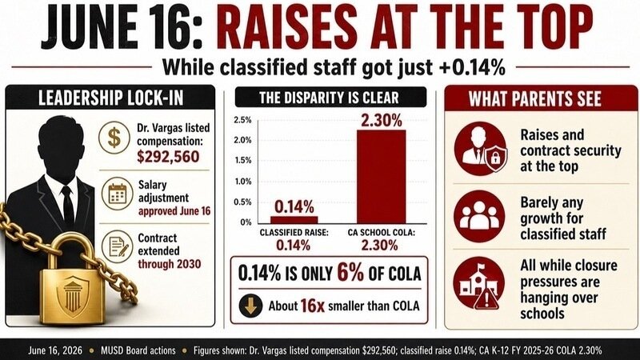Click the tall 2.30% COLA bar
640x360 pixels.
(x=382, y=177)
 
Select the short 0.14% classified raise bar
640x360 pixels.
(x=294, y=219)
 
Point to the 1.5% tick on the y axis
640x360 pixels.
(x=242, y=161)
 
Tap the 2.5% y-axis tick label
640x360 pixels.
(x=242, y=120)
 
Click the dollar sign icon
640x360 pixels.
(x=114, y=138)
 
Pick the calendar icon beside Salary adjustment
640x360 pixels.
(x=117, y=194)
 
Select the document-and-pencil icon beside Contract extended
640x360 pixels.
(x=117, y=246)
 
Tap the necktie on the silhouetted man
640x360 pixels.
(x=67, y=208)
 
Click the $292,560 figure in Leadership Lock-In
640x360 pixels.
(x=168, y=157)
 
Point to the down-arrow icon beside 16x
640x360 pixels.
(x=250, y=306)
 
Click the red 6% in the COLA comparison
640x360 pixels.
(x=350, y=272)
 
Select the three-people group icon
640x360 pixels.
(x=479, y=216)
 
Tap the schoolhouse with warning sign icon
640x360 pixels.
(x=479, y=283)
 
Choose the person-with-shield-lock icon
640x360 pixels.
(x=481, y=149)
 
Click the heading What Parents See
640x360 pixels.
(x=534, y=98)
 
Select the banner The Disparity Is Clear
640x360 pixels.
(x=330, y=98)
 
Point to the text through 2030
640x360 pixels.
(x=170, y=264)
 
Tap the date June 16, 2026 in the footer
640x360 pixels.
(x=55, y=350)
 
